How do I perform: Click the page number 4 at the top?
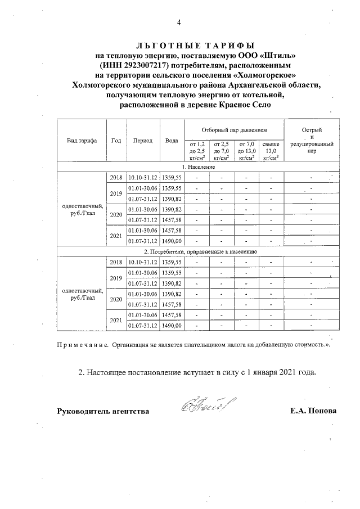[x=179, y=22]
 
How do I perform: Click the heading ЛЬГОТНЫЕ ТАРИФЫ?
[x=196, y=44]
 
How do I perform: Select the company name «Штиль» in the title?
[x=276, y=55]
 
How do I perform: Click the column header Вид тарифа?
[x=82, y=141]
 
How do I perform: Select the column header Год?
[x=116, y=141]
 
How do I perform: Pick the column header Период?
[x=143, y=141]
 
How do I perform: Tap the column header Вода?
[x=172, y=141]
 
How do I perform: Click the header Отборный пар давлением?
[x=235, y=129]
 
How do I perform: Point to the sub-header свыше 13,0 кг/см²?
[x=271, y=151]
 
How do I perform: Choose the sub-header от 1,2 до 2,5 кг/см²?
[x=197, y=151]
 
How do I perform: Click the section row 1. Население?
[x=195, y=167]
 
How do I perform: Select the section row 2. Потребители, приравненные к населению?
[x=201, y=251]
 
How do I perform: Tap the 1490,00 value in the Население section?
[x=172, y=241]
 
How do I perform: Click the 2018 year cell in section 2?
[x=116, y=262]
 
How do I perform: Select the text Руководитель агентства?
[x=103, y=411]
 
